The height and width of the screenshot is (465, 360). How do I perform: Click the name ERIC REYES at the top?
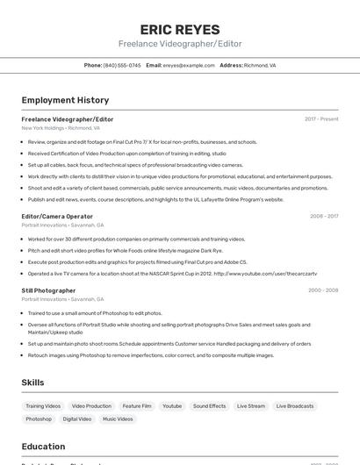point(180,30)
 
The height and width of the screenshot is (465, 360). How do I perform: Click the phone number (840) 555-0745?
point(122,65)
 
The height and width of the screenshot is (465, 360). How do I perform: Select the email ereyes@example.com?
point(189,65)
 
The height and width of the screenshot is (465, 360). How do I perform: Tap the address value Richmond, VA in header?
point(260,65)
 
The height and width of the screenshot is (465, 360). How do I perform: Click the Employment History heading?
point(65,100)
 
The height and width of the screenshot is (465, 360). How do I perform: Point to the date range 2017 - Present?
point(321,118)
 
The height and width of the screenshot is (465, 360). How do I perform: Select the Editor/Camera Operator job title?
point(57,216)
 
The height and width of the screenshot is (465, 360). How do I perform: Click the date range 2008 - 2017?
point(324,216)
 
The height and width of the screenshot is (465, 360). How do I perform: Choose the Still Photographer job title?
point(48,290)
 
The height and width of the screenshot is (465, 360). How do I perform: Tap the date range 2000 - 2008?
point(323,290)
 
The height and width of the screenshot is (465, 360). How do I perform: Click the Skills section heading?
point(33,383)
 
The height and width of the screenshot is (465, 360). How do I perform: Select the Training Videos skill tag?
point(43,406)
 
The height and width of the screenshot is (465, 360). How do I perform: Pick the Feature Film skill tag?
point(137,406)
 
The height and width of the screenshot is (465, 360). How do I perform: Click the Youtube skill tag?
point(172,406)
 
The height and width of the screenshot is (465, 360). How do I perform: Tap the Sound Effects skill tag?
point(210,406)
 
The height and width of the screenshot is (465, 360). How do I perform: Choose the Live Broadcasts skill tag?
point(295,406)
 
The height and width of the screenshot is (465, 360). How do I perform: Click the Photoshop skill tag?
point(39,419)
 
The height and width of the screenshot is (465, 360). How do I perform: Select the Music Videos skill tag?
point(118,419)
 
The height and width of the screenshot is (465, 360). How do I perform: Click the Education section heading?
point(43,447)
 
